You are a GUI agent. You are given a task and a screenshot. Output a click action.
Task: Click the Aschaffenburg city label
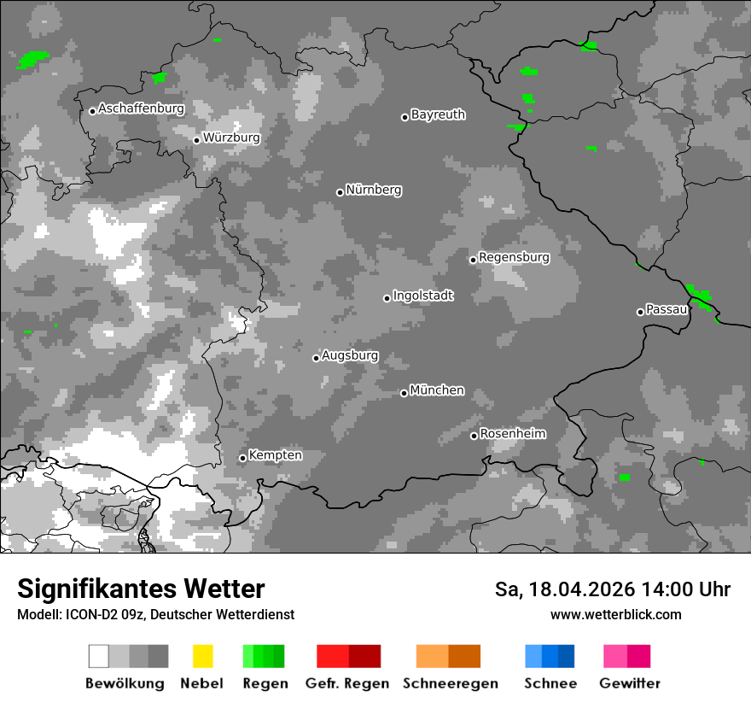coord(141,108)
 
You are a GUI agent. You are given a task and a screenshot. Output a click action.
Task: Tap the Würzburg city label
coord(231,138)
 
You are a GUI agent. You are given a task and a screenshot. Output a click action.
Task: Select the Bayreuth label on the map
coord(438,114)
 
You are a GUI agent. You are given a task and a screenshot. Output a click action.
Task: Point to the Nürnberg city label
coord(373,190)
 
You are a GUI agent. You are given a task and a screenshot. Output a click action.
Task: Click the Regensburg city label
coord(514,257)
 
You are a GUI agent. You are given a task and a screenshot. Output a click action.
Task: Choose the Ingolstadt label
coord(422,296)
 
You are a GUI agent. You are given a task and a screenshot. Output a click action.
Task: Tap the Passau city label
coord(667,309)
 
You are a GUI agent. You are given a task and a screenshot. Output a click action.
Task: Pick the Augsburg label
coord(350,355)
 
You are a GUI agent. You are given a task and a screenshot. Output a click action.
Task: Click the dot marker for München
coord(404,393)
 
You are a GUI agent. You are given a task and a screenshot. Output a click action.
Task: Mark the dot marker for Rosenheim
coord(474,437)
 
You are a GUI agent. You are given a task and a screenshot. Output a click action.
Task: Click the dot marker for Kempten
coord(242,458)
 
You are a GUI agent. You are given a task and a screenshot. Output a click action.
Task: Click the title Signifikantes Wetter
coord(141,589)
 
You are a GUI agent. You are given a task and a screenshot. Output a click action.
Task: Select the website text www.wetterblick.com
coord(615,615)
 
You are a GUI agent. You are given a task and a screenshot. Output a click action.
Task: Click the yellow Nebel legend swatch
coord(202,656)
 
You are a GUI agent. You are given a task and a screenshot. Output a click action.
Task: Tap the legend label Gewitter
coord(629,683)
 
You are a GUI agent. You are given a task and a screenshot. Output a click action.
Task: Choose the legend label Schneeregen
coord(450,683)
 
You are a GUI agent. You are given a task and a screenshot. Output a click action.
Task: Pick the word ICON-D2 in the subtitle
coord(83,615)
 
